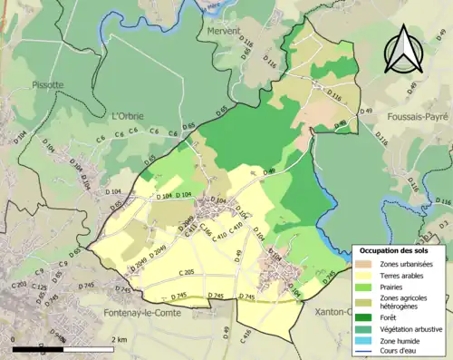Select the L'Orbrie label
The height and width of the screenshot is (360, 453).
[x=128, y=115]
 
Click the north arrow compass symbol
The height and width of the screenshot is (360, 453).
[x=401, y=50]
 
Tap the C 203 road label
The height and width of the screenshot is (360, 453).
[x=19, y=286]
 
